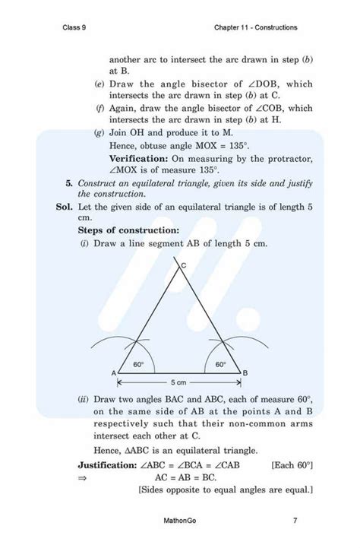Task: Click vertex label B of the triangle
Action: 245,373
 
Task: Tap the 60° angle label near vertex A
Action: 139,364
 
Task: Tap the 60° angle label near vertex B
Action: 220,364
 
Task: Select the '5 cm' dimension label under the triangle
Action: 178,382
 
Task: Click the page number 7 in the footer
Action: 294,521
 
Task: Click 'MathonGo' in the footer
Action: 180,521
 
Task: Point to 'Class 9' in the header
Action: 77,27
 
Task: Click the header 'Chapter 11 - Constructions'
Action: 256,27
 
